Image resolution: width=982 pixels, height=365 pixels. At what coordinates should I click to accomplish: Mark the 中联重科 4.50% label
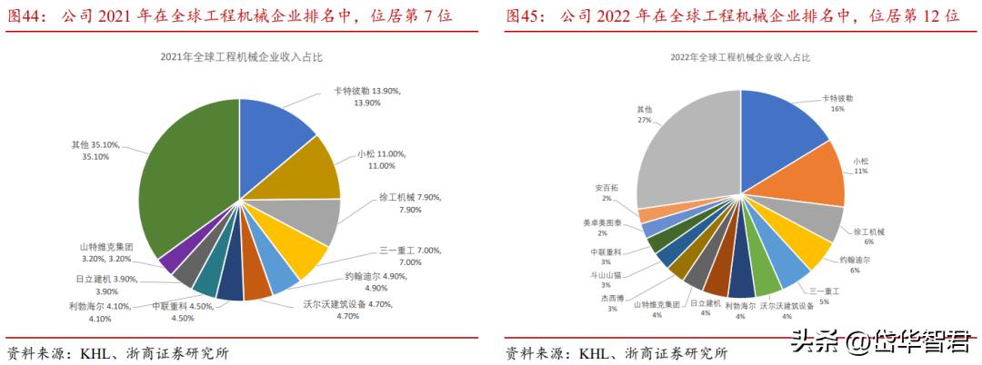(182, 311)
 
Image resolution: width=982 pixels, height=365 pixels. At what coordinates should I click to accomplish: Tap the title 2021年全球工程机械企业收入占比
(241, 57)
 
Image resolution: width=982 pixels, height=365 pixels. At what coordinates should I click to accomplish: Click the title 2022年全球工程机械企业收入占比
(740, 57)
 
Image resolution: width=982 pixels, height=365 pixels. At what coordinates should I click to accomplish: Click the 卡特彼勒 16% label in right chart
(837, 102)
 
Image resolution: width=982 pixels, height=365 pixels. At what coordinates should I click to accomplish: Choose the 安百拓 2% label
(608, 192)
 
